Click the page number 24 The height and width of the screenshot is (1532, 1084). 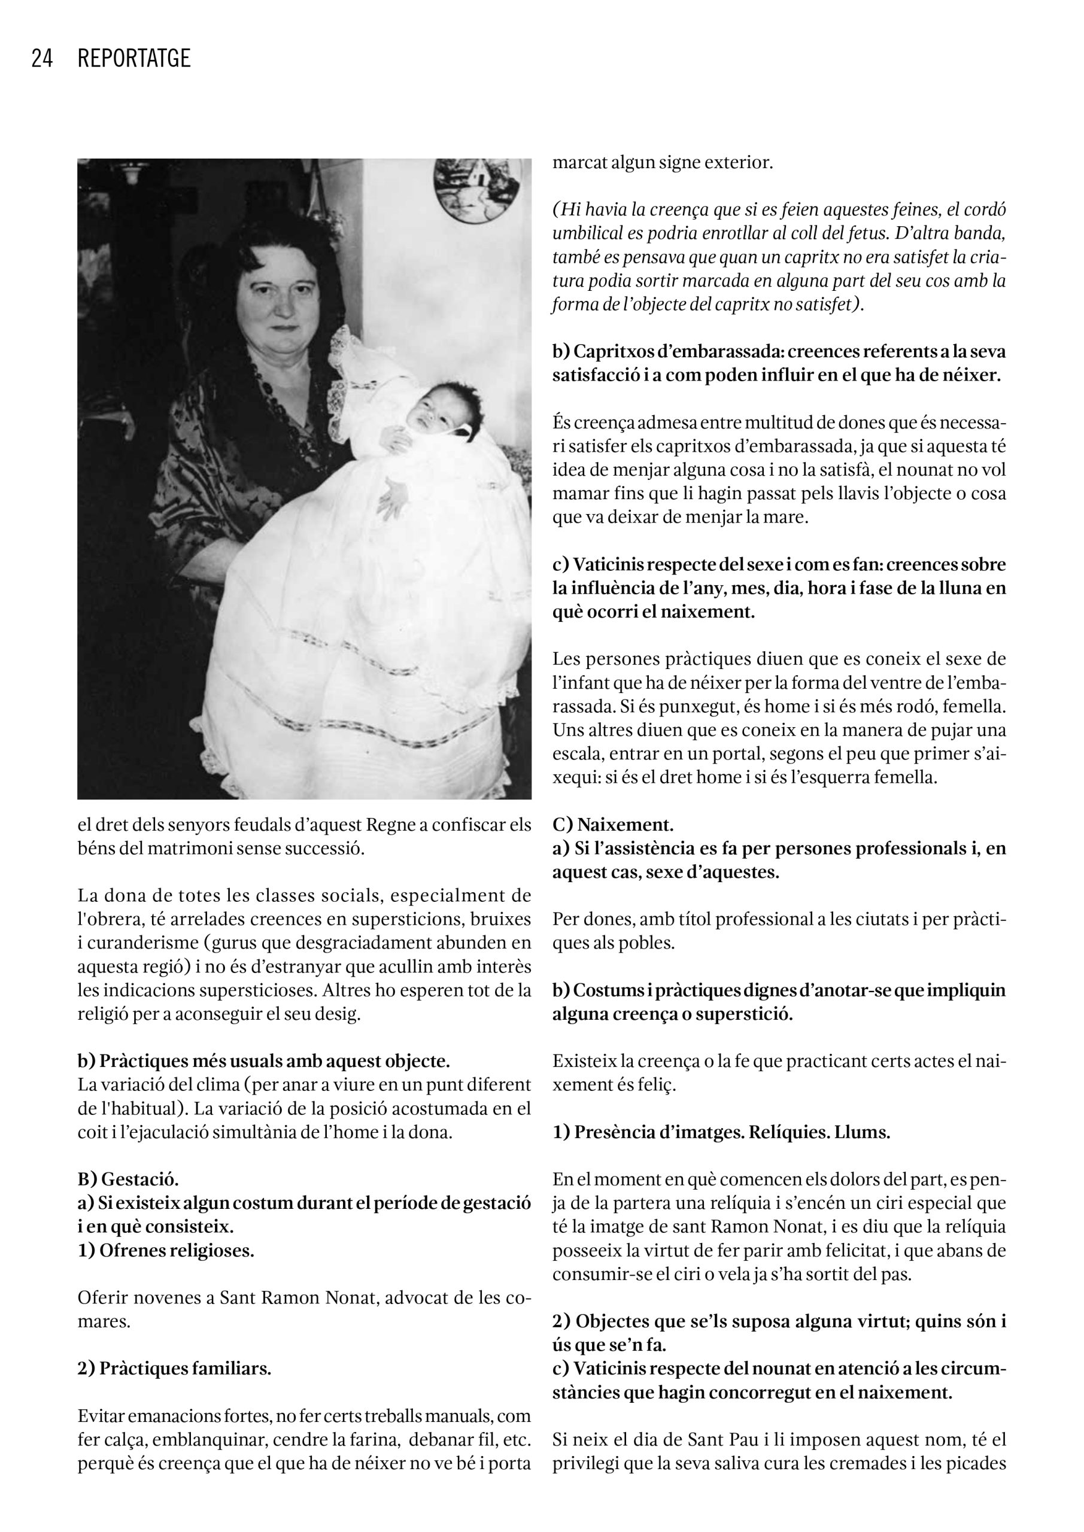click(x=41, y=59)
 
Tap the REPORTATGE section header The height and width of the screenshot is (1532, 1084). click(x=134, y=59)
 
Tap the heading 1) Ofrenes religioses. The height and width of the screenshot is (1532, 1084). click(x=166, y=1250)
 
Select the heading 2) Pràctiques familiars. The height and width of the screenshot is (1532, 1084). click(x=174, y=1369)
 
